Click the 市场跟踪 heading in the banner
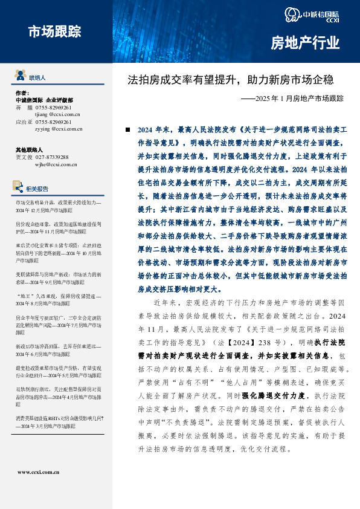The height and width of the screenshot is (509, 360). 54,31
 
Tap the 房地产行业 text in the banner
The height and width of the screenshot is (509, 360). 304,43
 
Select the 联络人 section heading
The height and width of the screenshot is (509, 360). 37,78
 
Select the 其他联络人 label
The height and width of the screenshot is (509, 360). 29,149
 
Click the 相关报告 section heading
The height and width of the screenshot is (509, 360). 39,188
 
